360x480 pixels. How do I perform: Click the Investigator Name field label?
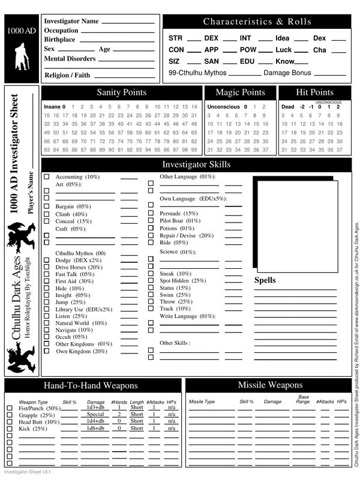pyautogui.click(x=71, y=21)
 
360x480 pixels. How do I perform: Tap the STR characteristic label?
pyautogui.click(x=175, y=38)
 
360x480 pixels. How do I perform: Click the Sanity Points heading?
pyautogui.click(x=121, y=92)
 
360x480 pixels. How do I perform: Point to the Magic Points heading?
pyautogui.click(x=240, y=92)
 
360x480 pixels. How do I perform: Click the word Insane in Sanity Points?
pyautogui.click(x=53, y=107)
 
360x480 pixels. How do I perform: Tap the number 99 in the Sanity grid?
pyautogui.click(x=193, y=149)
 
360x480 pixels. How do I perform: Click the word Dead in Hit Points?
pyautogui.click(x=287, y=107)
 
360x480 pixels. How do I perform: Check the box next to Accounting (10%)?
pyautogui.click(x=47, y=177)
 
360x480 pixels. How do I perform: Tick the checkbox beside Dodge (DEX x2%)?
pyautogui.click(x=47, y=260)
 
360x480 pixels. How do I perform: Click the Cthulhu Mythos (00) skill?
pyautogui.click(x=80, y=253)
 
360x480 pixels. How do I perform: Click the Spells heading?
pyautogui.click(x=265, y=280)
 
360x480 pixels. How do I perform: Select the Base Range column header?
pyautogui.click(x=302, y=399)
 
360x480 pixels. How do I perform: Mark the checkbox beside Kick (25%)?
pyautogui.click(x=9, y=429)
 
